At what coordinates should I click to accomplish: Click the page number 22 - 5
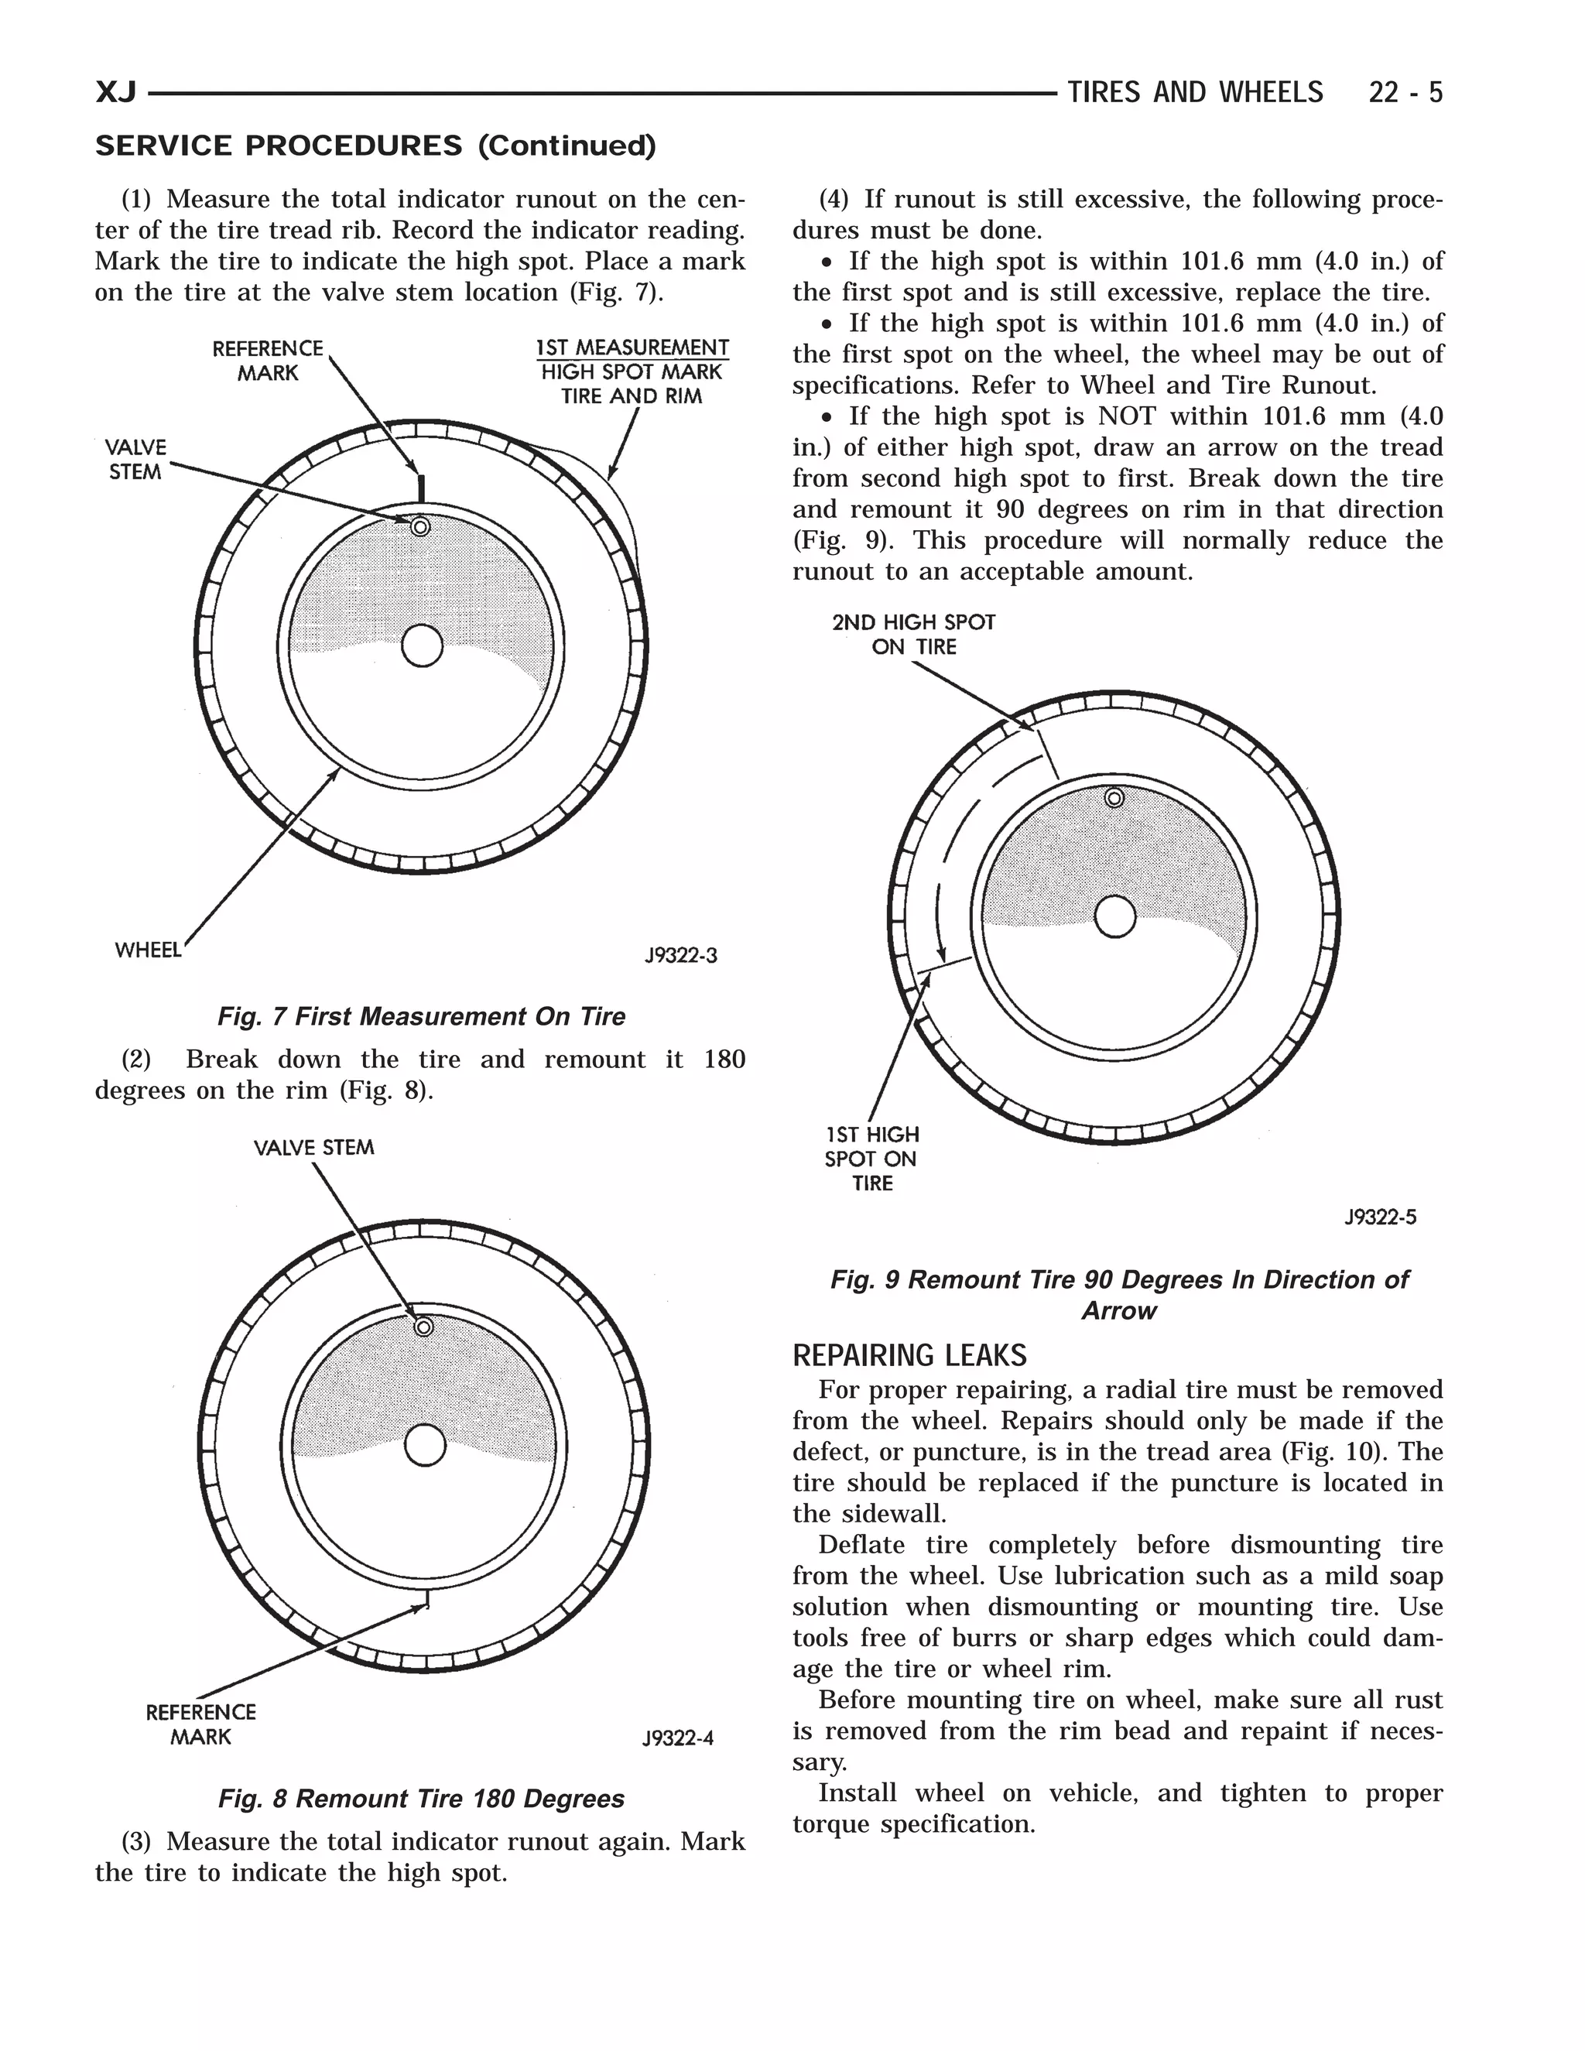point(1405,93)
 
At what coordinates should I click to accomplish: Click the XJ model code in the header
point(116,93)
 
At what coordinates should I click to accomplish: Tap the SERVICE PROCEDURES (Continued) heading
point(375,146)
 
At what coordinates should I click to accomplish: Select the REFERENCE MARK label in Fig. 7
point(268,361)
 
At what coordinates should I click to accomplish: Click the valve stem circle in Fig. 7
point(421,527)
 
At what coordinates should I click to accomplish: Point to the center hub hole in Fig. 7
point(422,646)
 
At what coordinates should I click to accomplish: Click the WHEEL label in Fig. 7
point(147,950)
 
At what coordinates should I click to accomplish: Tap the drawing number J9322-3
point(681,956)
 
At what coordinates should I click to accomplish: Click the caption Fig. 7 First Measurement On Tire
point(421,1016)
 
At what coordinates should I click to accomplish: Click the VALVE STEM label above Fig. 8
point(313,1148)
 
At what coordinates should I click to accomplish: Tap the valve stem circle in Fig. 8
point(423,1327)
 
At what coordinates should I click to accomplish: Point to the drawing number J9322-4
point(678,1738)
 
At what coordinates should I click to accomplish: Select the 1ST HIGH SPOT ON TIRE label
point(871,1159)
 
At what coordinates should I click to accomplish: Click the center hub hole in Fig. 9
point(1115,917)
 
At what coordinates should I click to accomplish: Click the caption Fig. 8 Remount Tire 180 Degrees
point(421,1799)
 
